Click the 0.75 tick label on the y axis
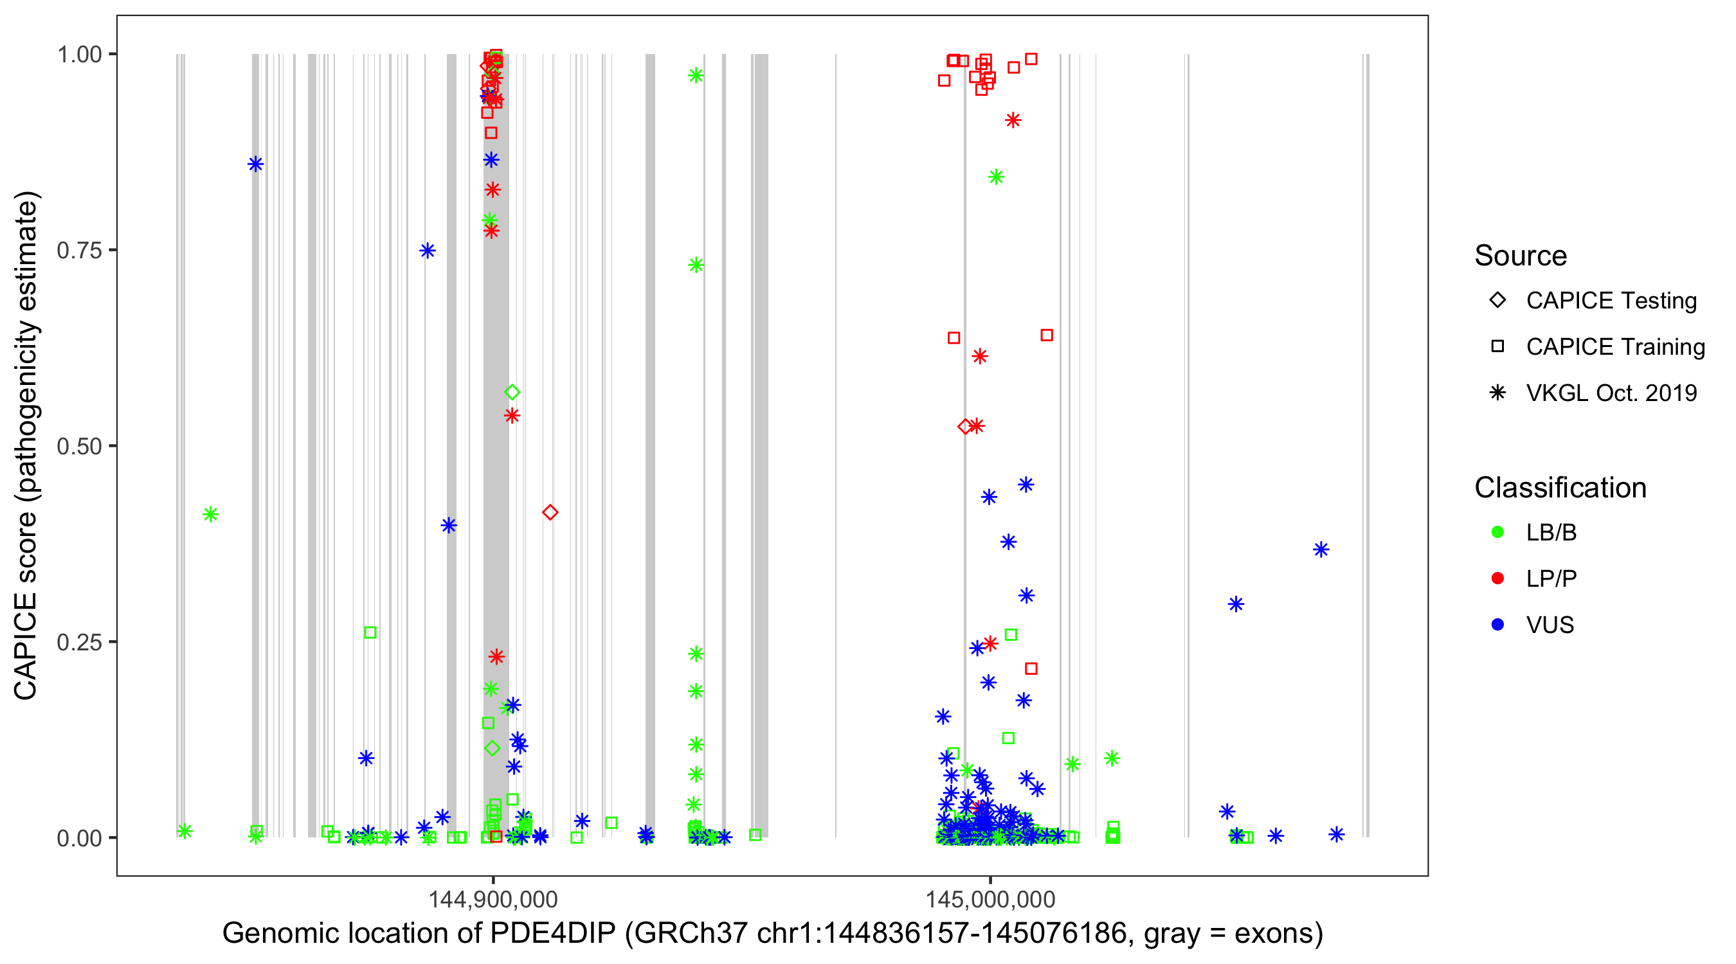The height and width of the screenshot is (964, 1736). click(78, 251)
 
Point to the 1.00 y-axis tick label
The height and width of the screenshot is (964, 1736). click(78, 55)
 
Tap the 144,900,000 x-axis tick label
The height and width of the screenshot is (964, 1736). click(493, 899)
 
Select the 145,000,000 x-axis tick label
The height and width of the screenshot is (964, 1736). click(990, 899)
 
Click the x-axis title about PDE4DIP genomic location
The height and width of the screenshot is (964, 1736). click(772, 934)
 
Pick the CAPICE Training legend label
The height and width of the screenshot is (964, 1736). click(1615, 347)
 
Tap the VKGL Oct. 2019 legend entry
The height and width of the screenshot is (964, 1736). click(1611, 393)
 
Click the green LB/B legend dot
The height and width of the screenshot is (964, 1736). click(1497, 532)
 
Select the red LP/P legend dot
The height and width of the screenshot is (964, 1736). click(1497, 578)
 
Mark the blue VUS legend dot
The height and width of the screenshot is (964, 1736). click(1497, 625)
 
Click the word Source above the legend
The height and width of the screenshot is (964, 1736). click(1521, 256)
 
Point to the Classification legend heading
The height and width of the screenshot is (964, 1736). click(1560, 488)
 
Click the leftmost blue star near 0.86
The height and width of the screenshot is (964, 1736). click(255, 165)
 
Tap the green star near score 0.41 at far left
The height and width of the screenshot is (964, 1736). click(210, 515)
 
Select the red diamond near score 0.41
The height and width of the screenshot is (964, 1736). click(550, 513)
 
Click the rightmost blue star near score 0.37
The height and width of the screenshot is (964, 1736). click(1321, 549)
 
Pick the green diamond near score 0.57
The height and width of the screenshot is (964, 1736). click(512, 392)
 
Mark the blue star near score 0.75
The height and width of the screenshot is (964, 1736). click(428, 251)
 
